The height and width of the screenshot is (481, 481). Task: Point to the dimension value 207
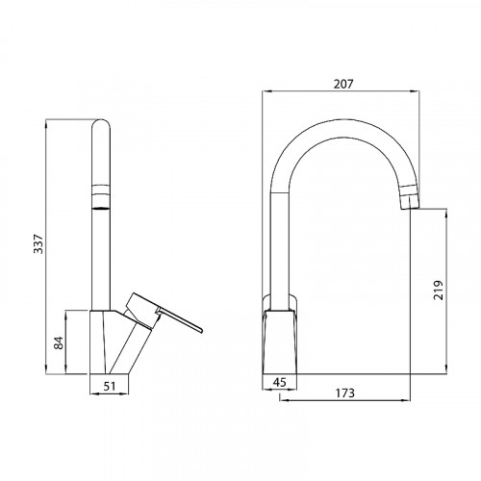tap(343, 85)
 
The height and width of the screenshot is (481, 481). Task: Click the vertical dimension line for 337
tap(47, 246)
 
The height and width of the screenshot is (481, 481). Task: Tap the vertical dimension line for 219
tap(448, 290)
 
